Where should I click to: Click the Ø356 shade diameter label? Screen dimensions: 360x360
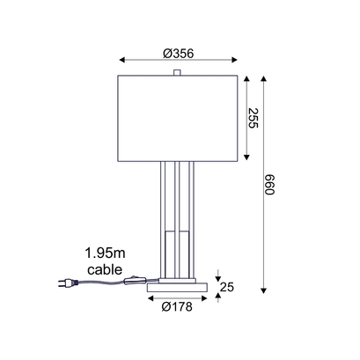(179, 54)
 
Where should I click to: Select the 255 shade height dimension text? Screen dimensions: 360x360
(253, 118)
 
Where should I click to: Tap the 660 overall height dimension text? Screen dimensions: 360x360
(269, 185)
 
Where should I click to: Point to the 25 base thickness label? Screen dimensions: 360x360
(227, 287)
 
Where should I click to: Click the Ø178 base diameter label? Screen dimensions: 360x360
(177, 306)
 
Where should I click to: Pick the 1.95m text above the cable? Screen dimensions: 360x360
(105, 253)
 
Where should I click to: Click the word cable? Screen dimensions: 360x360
(105, 269)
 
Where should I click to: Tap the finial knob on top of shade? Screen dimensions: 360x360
(177, 72)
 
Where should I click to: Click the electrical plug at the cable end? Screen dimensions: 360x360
(69, 283)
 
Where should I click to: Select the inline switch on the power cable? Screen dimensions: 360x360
(135, 280)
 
